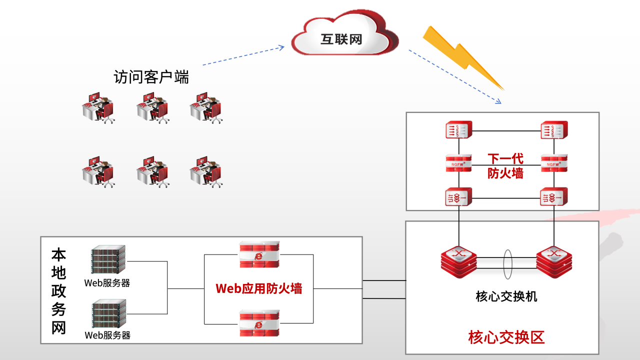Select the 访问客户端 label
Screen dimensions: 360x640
pyautogui.click(x=151, y=77)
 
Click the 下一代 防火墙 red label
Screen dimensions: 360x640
pyautogui.click(x=505, y=166)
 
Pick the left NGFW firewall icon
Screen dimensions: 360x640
pyautogui.click(x=459, y=163)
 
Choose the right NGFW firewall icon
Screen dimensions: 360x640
pyautogui.click(x=554, y=163)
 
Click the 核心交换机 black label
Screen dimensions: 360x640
pyautogui.click(x=506, y=296)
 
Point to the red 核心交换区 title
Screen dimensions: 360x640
pyautogui.click(x=506, y=337)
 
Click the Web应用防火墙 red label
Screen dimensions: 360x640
pyautogui.click(x=258, y=288)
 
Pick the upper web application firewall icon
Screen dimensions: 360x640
pyautogui.click(x=259, y=254)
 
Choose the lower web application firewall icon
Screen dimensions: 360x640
pyautogui.click(x=259, y=323)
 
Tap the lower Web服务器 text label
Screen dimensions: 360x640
pyautogui.click(x=107, y=335)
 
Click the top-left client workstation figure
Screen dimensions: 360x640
pyautogui.click(x=98, y=107)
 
